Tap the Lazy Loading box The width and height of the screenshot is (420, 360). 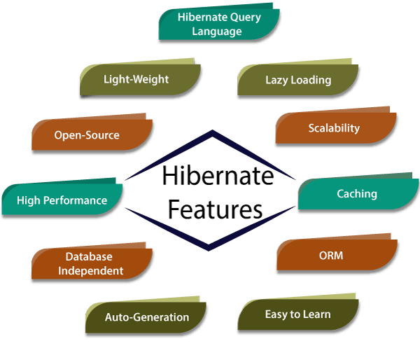click(297, 80)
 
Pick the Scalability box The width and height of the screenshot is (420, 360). click(334, 128)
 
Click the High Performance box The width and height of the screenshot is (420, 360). click(62, 200)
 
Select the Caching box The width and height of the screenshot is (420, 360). click(356, 193)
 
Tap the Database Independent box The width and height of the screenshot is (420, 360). click(90, 263)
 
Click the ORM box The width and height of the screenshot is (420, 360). click(336, 256)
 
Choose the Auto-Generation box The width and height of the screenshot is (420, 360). click(147, 317)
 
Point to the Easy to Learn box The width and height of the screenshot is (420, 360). click(297, 314)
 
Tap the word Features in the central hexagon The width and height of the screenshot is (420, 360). click(216, 209)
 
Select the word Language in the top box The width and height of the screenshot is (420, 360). click(217, 32)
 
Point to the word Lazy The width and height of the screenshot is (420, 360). click(276, 80)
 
